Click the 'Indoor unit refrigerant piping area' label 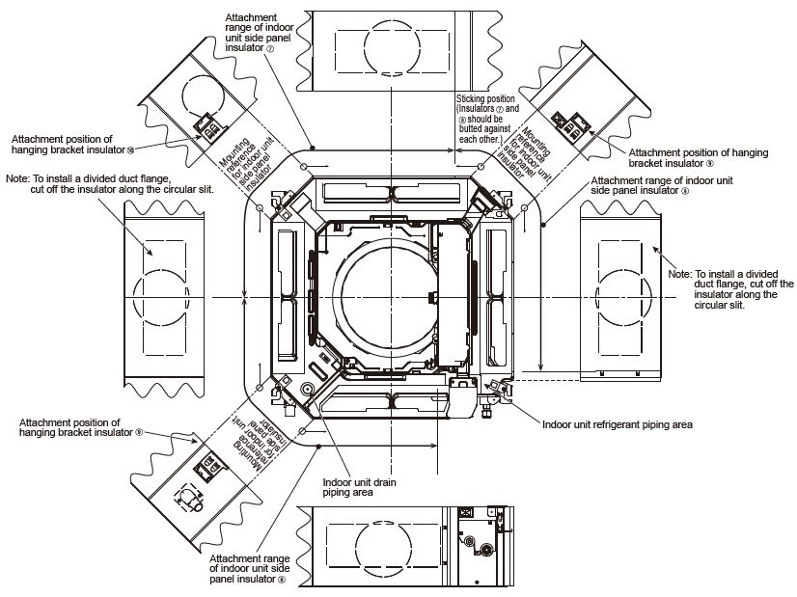617,423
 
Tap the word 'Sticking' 474,99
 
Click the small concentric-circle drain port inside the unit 308,390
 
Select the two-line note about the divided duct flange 109,183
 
